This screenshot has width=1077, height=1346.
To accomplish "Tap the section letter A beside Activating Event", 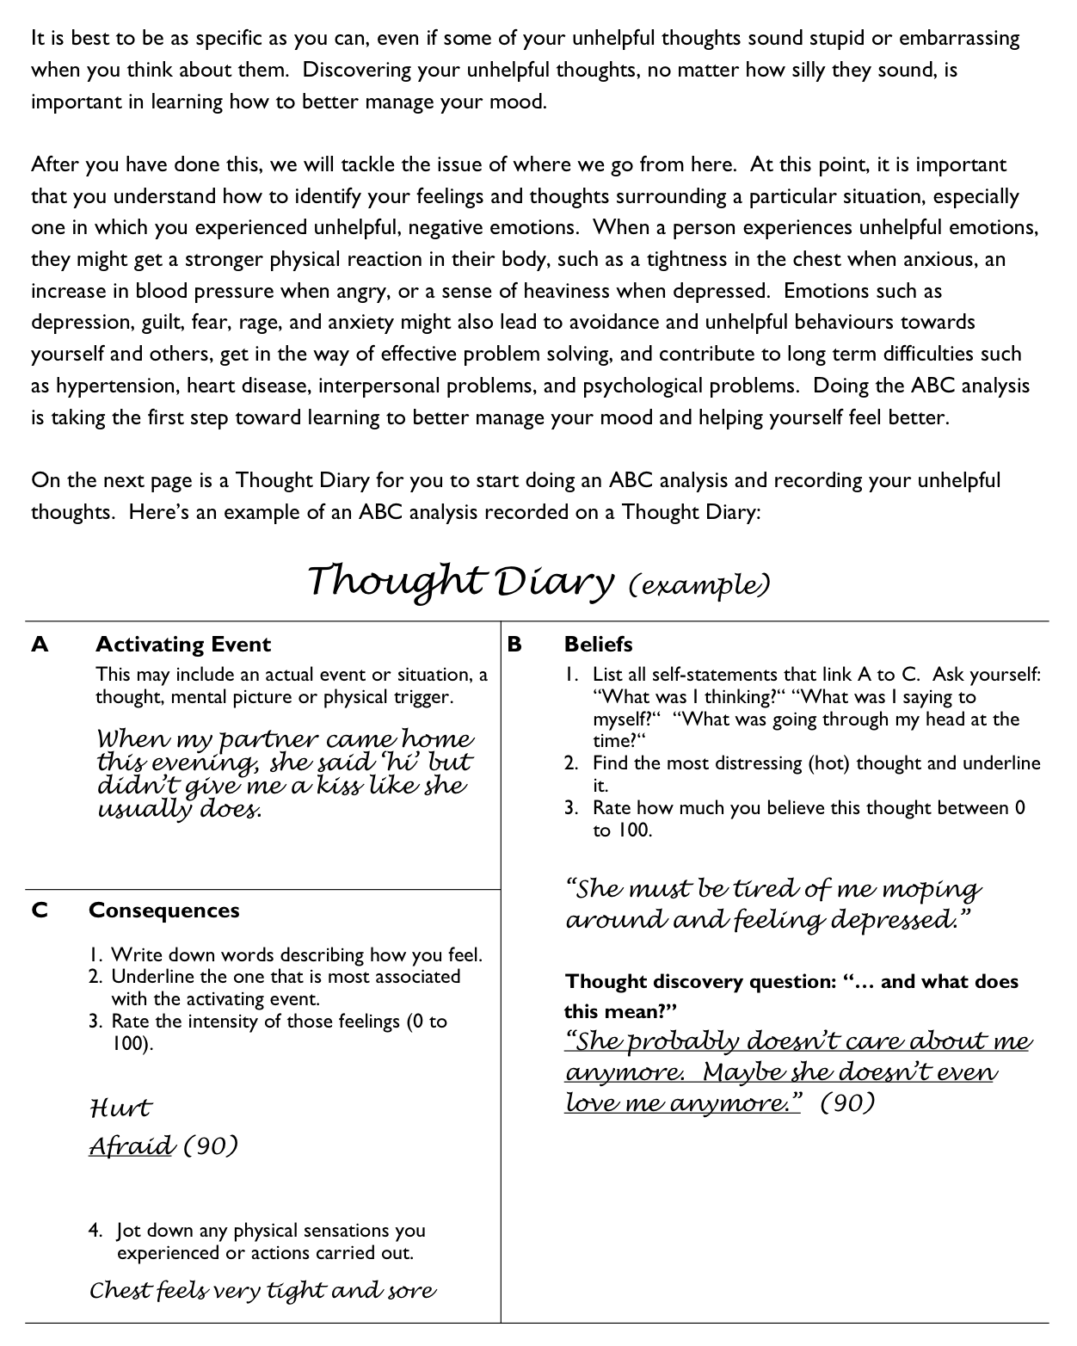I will click(40, 645).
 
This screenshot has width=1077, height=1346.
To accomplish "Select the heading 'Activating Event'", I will click(182, 645).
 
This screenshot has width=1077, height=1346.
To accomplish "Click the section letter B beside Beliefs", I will click(514, 645).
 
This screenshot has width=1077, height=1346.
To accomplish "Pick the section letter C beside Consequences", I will click(40, 911).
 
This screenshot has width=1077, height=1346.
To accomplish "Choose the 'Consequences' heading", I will click(163, 911).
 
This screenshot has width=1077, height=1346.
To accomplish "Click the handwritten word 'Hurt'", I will click(120, 1108).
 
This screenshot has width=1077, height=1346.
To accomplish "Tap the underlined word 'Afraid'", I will click(132, 1145).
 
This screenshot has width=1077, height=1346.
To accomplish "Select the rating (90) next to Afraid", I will click(211, 1146).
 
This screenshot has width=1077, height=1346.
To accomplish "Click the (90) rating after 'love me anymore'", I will click(847, 1103).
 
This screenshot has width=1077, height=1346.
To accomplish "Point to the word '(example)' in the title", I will click(699, 586).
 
